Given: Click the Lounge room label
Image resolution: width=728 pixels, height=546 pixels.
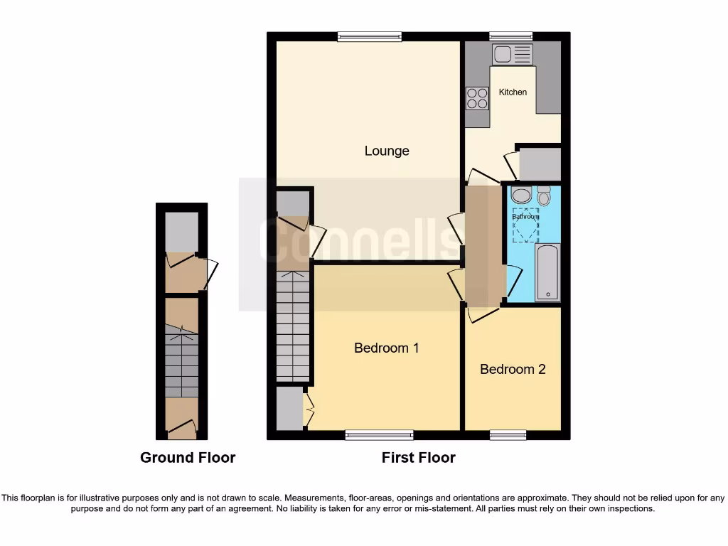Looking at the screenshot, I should click(x=387, y=151).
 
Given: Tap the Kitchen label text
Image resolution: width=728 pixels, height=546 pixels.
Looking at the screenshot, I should click(x=513, y=92).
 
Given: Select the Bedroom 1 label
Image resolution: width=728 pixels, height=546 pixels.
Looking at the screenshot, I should click(x=386, y=348).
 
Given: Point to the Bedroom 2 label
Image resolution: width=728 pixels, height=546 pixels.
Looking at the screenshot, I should click(x=513, y=370).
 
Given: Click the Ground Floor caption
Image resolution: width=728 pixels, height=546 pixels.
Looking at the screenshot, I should click(x=188, y=458).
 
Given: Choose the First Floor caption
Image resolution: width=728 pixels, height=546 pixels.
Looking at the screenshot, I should click(x=418, y=458).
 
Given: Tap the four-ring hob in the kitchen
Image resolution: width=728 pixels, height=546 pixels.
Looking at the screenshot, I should click(x=477, y=98).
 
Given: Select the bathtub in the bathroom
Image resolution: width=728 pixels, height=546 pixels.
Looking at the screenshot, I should click(x=547, y=272).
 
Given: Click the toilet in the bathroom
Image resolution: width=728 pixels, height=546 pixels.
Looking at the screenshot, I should click(x=544, y=196).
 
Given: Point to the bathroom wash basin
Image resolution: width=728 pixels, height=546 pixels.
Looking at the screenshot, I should click(x=521, y=196).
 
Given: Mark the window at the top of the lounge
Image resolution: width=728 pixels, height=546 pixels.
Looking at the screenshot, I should click(x=370, y=37).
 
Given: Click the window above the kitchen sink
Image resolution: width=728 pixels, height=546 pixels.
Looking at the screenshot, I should click(x=510, y=37).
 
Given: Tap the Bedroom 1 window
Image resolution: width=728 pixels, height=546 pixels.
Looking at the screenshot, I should click(x=379, y=435).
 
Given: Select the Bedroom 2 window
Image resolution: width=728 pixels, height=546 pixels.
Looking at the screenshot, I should click(x=508, y=435).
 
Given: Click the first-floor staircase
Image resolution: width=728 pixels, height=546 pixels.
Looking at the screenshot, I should click(x=293, y=327).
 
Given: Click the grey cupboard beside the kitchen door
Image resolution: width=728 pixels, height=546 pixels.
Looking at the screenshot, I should click(x=540, y=165).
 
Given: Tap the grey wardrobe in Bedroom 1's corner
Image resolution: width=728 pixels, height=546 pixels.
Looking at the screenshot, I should click(x=289, y=409).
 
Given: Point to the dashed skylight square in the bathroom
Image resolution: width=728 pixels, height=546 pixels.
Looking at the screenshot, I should click(x=526, y=225).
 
